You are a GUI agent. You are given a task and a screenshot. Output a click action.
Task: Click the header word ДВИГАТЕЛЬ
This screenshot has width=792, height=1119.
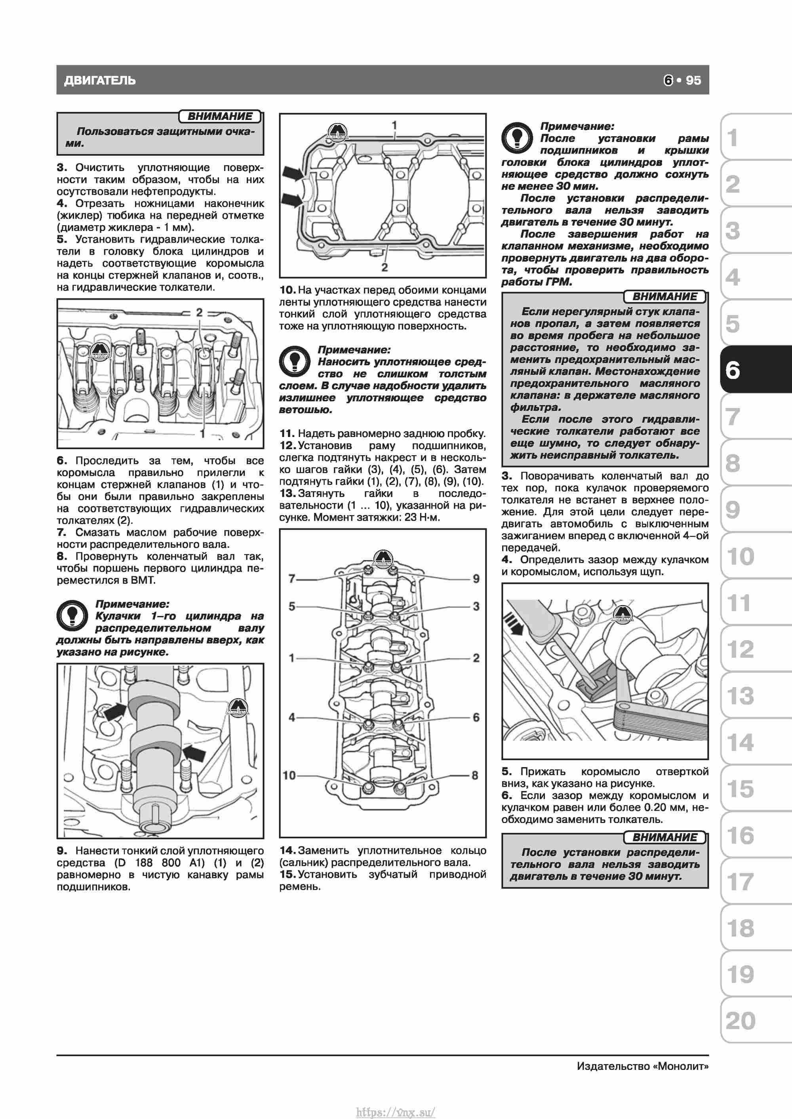coord(100,80)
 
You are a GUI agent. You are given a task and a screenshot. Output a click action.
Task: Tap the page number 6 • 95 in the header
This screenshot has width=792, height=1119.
coord(682,80)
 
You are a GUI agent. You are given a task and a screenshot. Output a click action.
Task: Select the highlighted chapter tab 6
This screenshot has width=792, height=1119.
coord(733,370)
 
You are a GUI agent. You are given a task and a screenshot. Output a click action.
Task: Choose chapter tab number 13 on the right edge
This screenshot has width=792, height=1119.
coord(740,695)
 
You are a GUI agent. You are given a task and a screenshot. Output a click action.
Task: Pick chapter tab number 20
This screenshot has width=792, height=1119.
coord(740,1020)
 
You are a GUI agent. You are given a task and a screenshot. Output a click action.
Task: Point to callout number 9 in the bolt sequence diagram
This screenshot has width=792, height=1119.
coord(476,579)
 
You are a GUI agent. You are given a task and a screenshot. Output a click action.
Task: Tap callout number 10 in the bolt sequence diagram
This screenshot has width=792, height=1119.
coord(289,775)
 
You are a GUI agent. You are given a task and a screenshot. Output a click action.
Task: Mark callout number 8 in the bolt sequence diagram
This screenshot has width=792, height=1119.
coord(474,775)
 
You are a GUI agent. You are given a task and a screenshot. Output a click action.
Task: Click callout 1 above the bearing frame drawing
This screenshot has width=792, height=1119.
coord(394,125)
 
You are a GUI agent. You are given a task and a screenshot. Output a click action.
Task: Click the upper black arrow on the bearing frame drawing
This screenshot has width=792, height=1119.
coord(293,173)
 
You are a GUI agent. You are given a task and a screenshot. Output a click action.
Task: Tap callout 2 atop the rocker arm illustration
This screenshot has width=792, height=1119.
coord(199,312)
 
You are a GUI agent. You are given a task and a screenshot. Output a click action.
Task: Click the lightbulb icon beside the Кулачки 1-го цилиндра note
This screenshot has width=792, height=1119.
coord(72,616)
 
